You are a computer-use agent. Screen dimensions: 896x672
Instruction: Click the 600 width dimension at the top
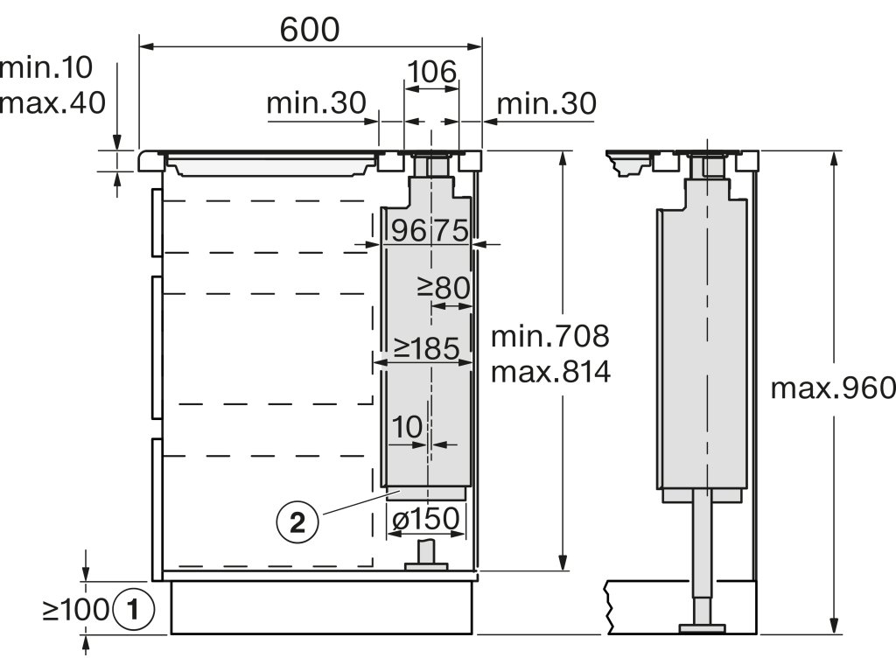point(310,30)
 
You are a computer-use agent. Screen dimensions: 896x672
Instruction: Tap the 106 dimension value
point(432,72)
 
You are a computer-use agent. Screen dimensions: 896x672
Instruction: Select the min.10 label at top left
point(45,67)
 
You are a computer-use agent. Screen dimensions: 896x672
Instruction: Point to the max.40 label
point(52,103)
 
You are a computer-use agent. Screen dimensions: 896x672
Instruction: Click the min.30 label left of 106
point(316,103)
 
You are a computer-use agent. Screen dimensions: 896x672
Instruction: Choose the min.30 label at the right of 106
point(547,104)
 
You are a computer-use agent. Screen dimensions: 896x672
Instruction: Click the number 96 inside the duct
point(409,230)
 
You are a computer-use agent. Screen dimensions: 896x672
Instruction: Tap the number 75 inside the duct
point(451,230)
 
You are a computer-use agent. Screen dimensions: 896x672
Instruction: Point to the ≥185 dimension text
point(426,348)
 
